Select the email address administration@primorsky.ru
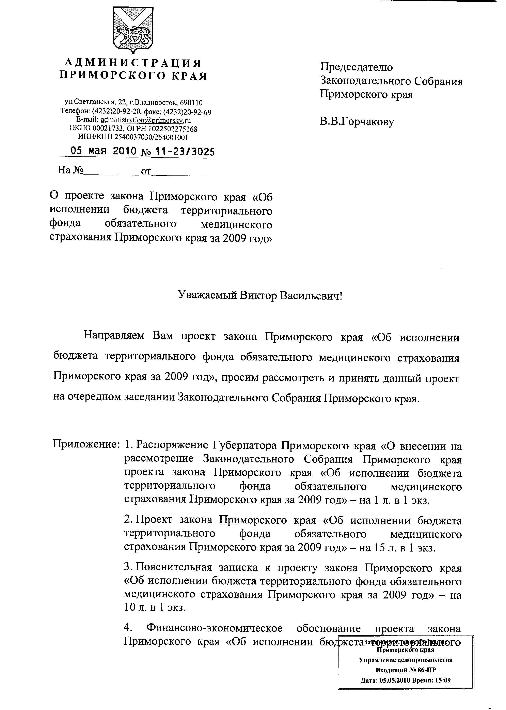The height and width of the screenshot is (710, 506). [x=146, y=120]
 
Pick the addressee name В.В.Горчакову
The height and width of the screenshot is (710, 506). [x=357, y=121]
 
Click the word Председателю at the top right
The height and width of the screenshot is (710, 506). [x=357, y=67]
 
